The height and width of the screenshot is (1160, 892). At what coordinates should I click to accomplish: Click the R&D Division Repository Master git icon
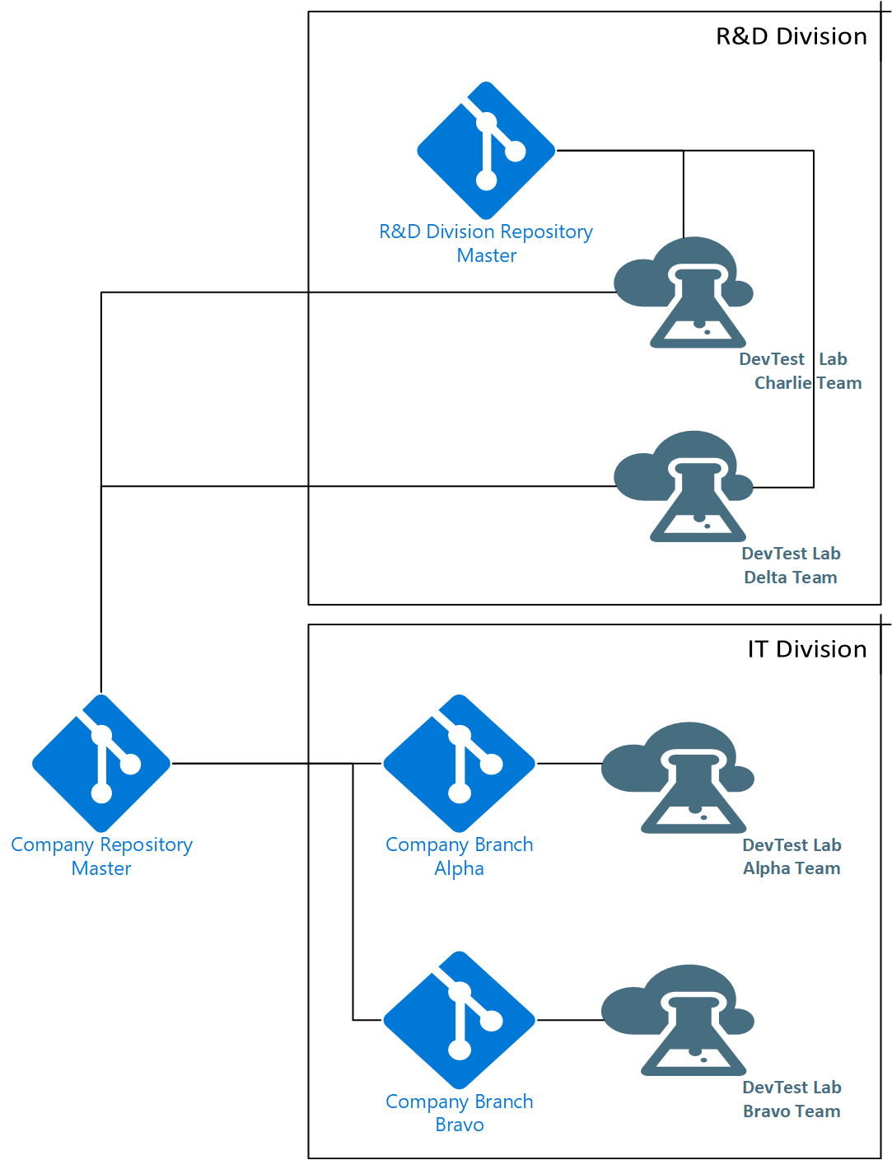pyautogui.click(x=485, y=151)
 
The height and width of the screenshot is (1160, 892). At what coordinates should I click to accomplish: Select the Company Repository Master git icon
pyautogui.click(x=101, y=764)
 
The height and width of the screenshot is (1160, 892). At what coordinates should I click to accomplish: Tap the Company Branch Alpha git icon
pyautogui.click(x=459, y=764)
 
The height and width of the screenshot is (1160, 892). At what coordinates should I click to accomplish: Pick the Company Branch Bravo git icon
pyautogui.click(x=459, y=1020)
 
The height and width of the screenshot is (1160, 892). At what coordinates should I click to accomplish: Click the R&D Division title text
pyautogui.click(x=792, y=36)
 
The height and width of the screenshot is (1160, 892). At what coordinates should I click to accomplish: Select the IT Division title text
pyautogui.click(x=807, y=649)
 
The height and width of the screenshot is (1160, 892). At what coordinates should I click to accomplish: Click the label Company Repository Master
pyautogui.click(x=101, y=856)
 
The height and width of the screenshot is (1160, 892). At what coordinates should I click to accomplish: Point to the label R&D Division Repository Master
pyautogui.click(x=486, y=243)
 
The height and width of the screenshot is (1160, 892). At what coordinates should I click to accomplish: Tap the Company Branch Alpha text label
pyautogui.click(x=460, y=856)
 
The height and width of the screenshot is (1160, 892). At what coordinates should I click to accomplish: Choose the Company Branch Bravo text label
pyautogui.click(x=460, y=1112)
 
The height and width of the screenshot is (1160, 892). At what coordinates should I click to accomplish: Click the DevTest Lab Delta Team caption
pyautogui.click(x=791, y=565)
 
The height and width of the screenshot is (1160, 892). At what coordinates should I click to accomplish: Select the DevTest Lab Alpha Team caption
pyautogui.click(x=792, y=857)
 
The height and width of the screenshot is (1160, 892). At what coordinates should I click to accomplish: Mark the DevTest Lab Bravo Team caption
pyautogui.click(x=792, y=1100)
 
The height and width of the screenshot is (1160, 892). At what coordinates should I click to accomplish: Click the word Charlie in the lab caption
pyautogui.click(x=782, y=383)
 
